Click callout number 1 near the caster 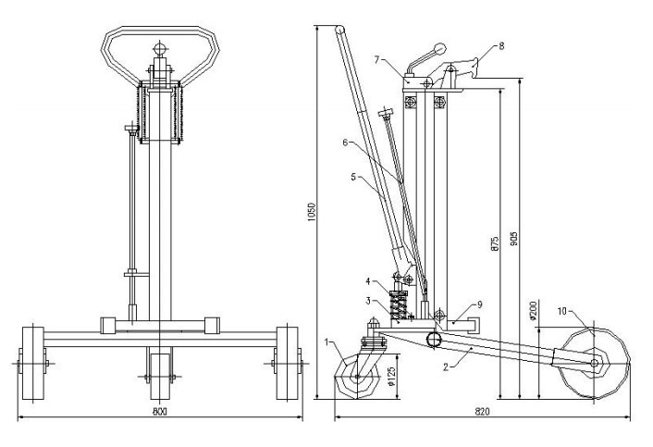pos(326,342)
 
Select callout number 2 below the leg pos(446,367)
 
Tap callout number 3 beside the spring pos(368,301)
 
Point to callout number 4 pos(368,281)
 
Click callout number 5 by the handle pos(353,177)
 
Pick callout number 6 pos(345,143)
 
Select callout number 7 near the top pos(376,59)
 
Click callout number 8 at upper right pos(502,46)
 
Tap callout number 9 pos(480,304)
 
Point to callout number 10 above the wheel pos(562,311)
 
